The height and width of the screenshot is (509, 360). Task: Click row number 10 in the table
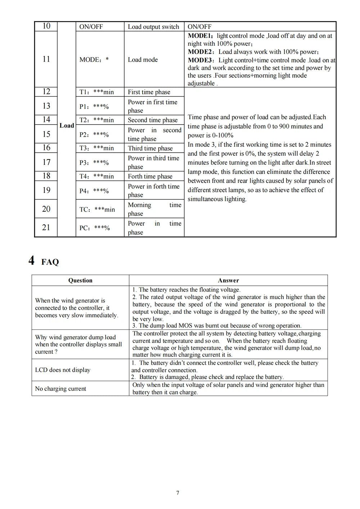point(46,26)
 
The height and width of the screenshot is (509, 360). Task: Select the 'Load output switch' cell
point(153,27)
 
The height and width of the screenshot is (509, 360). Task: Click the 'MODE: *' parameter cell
point(94,60)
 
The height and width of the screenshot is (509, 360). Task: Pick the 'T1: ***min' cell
point(96,92)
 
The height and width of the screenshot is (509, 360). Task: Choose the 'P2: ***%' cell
point(94,135)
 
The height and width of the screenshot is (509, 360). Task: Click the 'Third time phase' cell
point(150,148)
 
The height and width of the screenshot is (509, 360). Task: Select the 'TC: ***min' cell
point(97,210)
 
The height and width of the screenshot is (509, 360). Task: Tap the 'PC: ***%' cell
point(94,228)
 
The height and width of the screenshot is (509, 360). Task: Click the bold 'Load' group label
point(67,126)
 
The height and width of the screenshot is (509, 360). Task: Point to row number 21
point(46,228)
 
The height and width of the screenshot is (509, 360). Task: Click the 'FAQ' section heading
point(50,262)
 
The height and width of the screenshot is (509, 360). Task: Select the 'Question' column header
point(80,280)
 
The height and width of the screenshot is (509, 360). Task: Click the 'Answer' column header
point(228,280)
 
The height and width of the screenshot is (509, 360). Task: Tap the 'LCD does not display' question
point(63,370)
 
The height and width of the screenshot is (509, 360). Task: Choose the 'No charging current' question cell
point(60,389)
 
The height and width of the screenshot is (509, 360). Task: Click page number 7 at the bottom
point(178,493)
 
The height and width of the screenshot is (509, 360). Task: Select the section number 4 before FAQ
point(32,260)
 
